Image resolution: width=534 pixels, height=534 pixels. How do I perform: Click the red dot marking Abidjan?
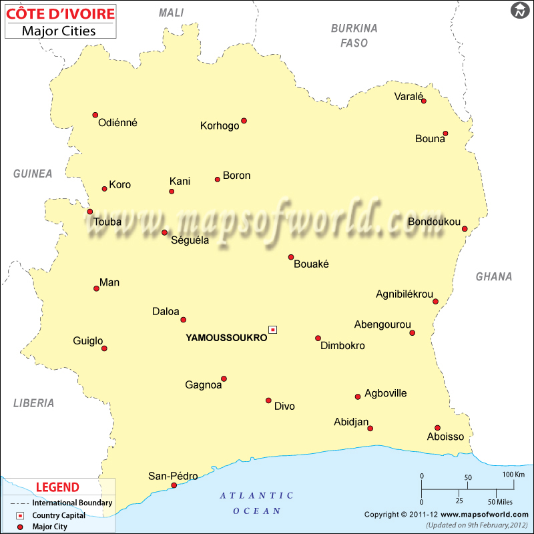click(370, 429)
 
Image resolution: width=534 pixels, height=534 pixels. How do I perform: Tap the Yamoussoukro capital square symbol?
click(272, 329)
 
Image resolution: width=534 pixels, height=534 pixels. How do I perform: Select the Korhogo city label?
click(220, 125)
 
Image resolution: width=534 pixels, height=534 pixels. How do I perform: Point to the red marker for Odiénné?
click(95, 115)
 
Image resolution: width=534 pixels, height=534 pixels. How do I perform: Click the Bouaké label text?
click(312, 264)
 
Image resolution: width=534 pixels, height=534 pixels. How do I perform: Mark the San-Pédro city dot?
click(174, 485)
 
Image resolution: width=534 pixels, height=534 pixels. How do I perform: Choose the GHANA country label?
click(494, 276)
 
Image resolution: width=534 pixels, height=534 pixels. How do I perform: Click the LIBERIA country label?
click(33, 403)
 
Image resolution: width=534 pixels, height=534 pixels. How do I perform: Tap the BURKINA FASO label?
click(354, 35)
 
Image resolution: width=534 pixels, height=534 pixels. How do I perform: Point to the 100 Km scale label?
click(513, 474)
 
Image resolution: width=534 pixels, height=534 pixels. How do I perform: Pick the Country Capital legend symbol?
click(20, 515)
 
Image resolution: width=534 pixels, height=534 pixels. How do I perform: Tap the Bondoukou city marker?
click(465, 228)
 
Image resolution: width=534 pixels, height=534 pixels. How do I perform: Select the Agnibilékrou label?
click(405, 294)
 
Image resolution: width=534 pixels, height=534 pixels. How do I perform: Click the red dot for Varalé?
click(423, 101)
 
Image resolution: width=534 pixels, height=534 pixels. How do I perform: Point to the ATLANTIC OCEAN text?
click(257, 503)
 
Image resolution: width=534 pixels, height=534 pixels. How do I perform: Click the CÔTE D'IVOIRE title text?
click(60, 13)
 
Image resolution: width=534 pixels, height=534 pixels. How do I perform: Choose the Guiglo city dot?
click(104, 348)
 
